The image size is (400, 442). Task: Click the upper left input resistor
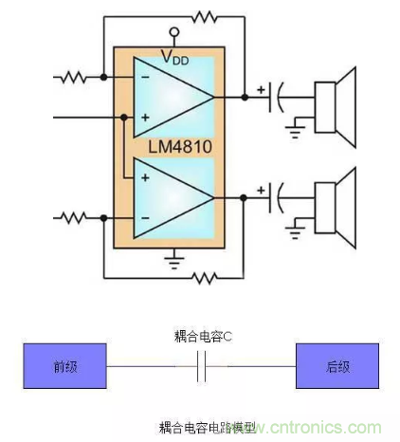(74, 76)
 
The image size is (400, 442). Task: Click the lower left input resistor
(74, 218)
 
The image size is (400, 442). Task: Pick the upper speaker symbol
(336, 96)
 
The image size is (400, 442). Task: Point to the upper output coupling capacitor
(276, 96)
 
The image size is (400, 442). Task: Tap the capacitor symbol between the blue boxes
(200, 367)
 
